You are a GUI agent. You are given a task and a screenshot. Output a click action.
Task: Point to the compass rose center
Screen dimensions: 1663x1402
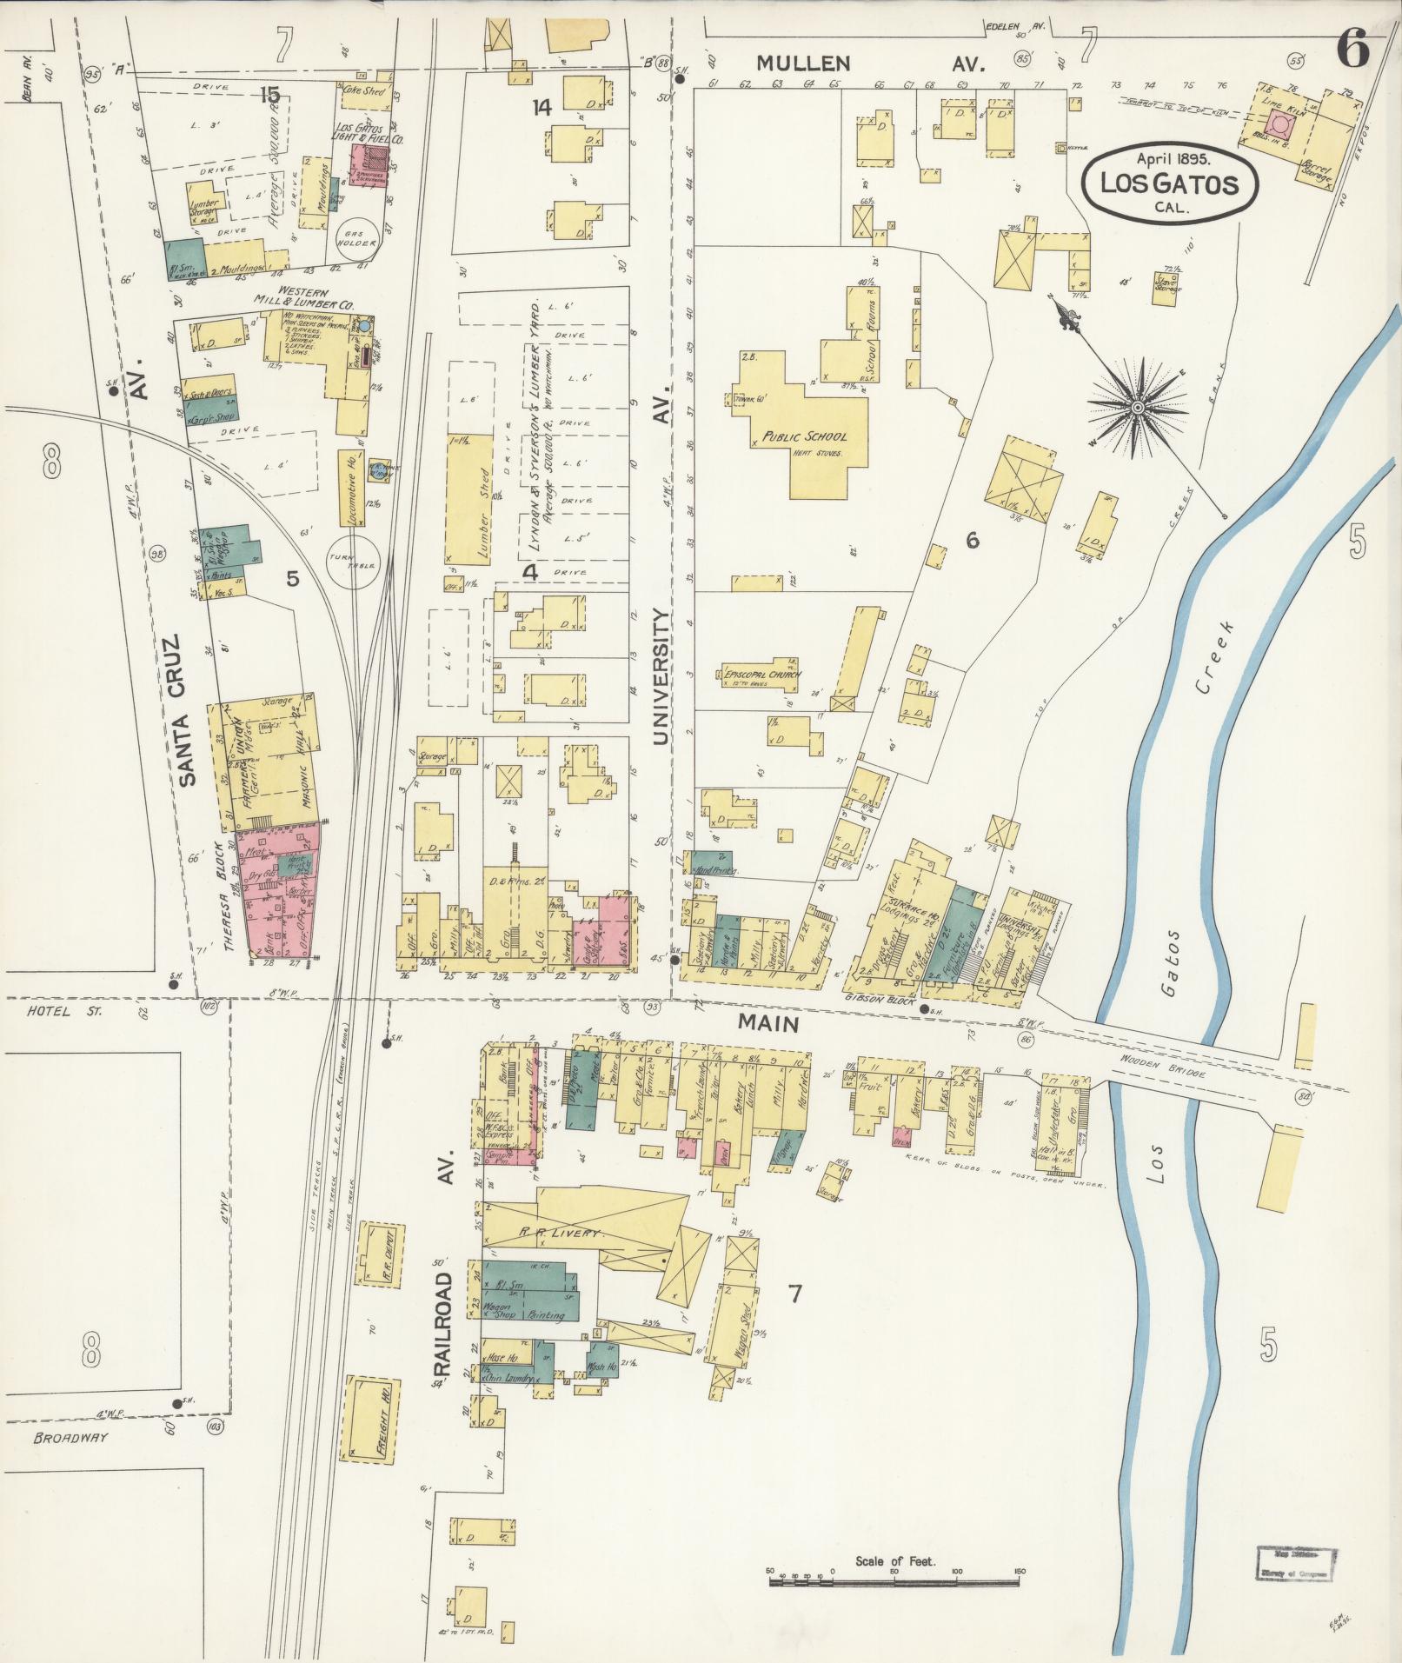pyautogui.click(x=1136, y=406)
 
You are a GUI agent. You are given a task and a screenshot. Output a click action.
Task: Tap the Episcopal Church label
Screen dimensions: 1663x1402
pyautogui.click(x=761, y=674)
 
